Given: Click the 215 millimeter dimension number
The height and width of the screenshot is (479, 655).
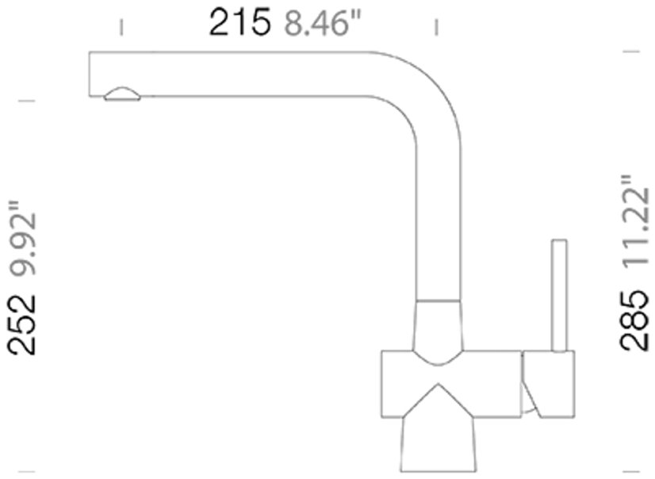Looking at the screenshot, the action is pyautogui.click(x=239, y=23).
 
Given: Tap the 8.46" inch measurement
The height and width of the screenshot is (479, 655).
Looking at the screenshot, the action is pyautogui.click(x=322, y=24).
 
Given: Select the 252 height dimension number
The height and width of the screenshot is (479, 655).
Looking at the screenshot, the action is pyautogui.click(x=21, y=325).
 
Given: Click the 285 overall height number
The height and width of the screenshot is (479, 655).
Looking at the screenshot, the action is pyautogui.click(x=634, y=320).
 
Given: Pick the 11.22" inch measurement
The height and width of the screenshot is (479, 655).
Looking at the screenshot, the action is pyautogui.click(x=635, y=221).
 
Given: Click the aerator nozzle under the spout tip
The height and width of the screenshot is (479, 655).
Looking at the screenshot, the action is pyautogui.click(x=122, y=94).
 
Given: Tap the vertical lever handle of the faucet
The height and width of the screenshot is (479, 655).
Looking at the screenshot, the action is pyautogui.click(x=559, y=295).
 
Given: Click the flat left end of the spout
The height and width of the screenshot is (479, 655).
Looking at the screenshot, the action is pyautogui.click(x=90, y=74).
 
